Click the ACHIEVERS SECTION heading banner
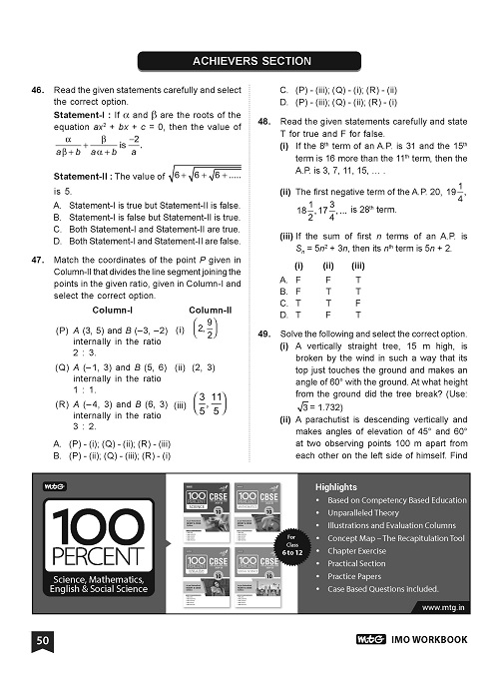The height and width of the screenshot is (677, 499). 249,61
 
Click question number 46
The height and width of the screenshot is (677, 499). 37,90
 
